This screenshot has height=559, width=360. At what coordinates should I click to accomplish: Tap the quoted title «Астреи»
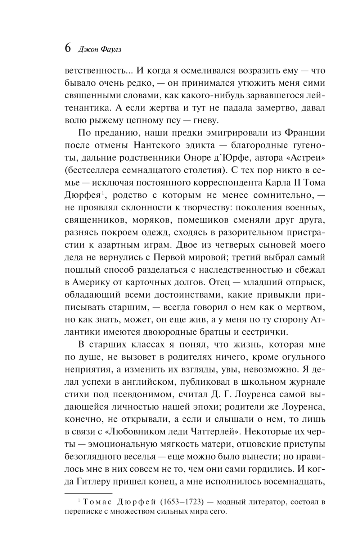(305, 157)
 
